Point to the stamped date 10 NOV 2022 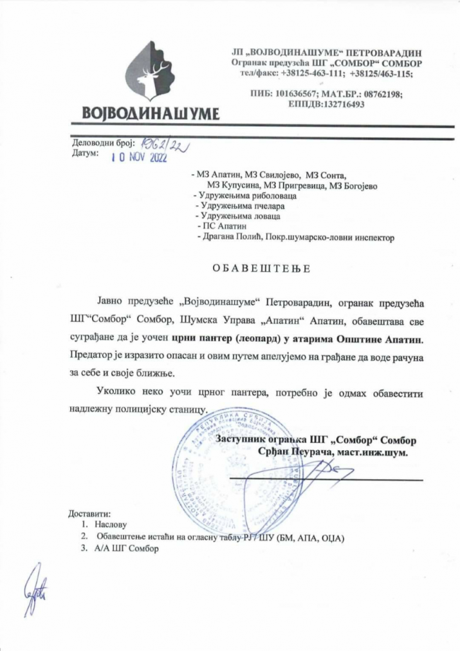[x=139, y=158]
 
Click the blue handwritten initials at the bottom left [x=37, y=585]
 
